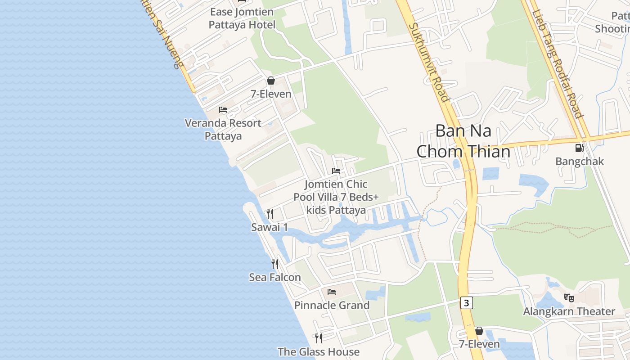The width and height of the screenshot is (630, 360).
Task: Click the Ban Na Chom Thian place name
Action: coord(463,141)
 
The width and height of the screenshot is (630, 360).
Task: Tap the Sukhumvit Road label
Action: coord(428,62)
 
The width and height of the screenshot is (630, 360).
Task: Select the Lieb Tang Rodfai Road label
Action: coord(558,63)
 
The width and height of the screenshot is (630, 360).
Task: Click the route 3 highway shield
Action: coord(466,303)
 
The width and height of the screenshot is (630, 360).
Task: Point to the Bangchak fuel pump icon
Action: coord(579,148)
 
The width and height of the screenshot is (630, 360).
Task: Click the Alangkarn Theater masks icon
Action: coord(569,297)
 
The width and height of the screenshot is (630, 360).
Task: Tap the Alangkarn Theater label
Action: coord(569,311)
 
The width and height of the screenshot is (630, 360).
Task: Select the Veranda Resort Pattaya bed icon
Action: coord(223,110)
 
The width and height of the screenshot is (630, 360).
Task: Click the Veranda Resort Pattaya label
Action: coord(223,129)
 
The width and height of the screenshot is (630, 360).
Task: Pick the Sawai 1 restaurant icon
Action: coord(270,213)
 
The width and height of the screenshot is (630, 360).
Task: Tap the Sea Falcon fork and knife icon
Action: coord(274,264)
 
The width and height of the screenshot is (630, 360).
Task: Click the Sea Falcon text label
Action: coord(274,277)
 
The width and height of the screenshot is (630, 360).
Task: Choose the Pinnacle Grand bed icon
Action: coord(332,292)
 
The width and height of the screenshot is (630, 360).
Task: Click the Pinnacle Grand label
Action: coord(332,305)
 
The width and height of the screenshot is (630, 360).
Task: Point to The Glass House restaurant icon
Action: coord(318,338)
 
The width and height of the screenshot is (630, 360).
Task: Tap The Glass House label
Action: coord(318,351)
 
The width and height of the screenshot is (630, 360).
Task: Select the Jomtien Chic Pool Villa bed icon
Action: coord(336,171)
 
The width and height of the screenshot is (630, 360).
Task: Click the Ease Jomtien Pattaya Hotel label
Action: coord(242,18)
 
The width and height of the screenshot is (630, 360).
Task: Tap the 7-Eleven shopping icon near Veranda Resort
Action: coord(271,81)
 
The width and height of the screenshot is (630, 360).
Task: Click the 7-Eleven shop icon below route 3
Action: coord(479,331)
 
